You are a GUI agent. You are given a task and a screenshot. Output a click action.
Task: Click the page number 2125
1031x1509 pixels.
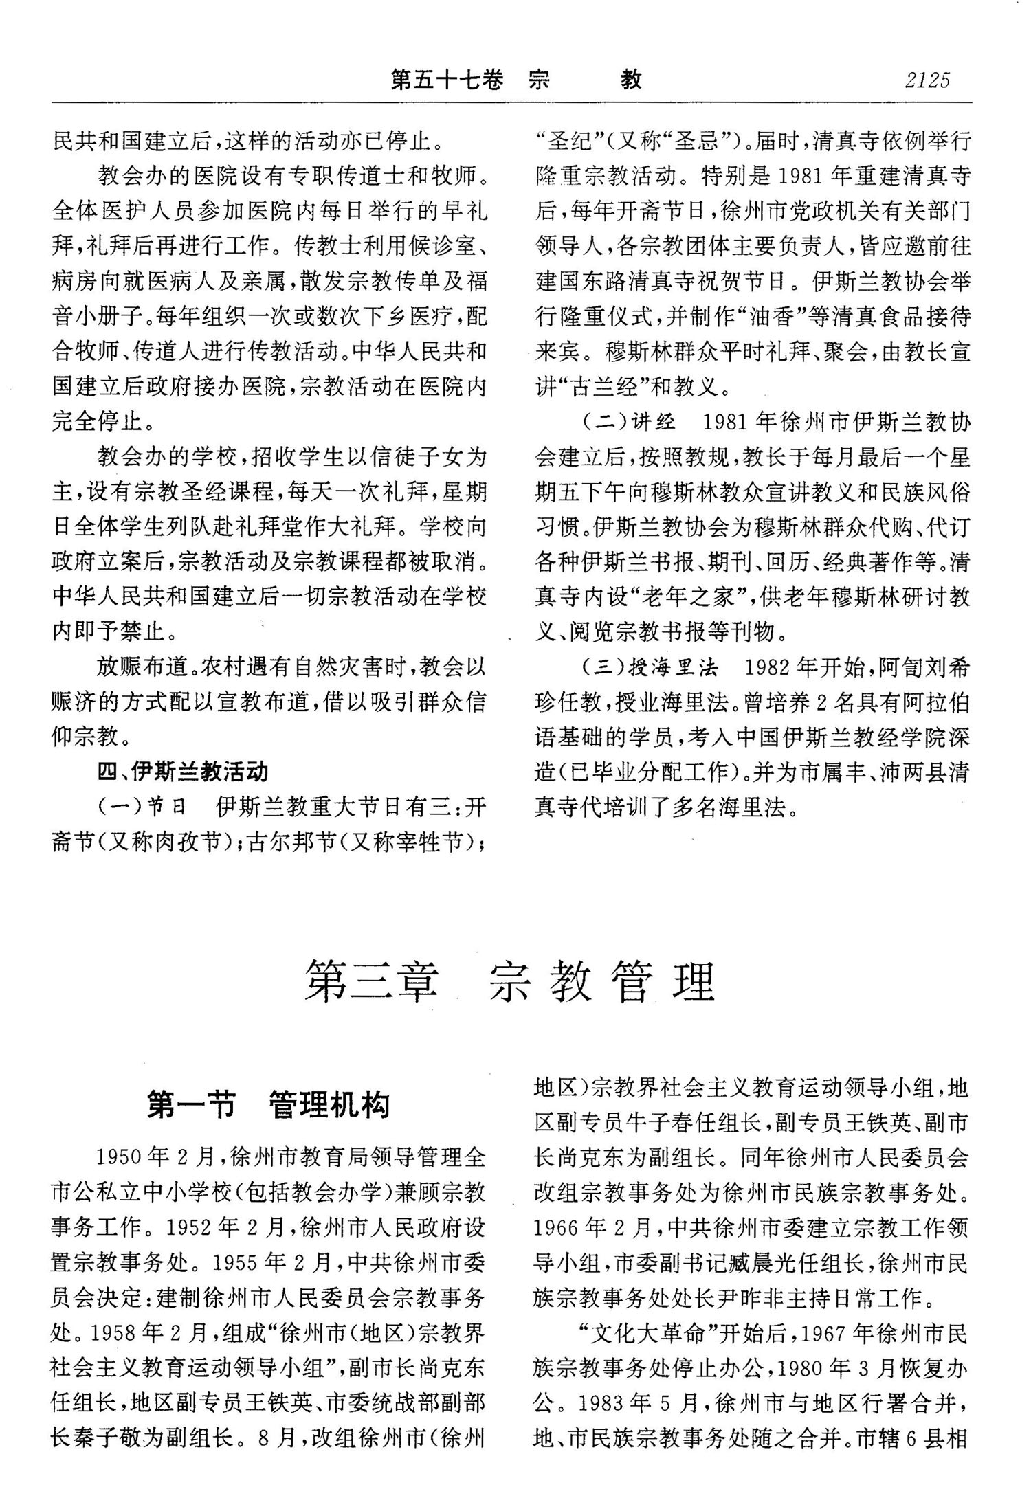pyautogui.click(x=927, y=81)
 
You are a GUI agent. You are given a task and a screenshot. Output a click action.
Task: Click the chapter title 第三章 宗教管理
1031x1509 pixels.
pyautogui.click(x=511, y=982)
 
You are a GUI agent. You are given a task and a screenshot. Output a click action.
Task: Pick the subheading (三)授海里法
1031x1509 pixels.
pyautogui.click(x=650, y=667)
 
